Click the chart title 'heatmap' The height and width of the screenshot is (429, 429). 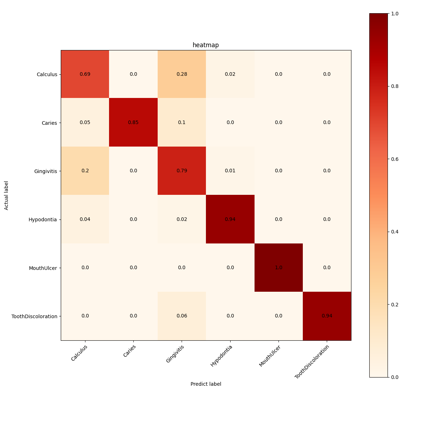coord(206,45)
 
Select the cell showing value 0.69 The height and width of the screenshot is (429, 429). coord(85,74)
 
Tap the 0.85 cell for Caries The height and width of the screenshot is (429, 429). coord(133,123)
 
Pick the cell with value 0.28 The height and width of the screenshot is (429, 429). coord(182,74)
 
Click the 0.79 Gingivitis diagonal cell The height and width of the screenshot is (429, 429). coord(182,171)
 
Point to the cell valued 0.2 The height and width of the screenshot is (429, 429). coord(85,171)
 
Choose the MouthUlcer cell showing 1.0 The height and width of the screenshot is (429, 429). coord(278,268)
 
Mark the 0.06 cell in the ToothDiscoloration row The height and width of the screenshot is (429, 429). coord(182,316)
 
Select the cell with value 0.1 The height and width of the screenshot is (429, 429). coord(182,123)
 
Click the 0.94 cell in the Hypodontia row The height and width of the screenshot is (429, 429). coord(230,219)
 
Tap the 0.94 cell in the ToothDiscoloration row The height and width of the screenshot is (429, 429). coord(327,316)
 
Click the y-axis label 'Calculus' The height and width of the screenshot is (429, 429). coord(47,74)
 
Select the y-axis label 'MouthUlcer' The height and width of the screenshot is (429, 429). coord(43,268)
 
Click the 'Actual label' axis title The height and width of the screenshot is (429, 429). coord(6,195)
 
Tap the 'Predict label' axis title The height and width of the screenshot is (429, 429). coord(206,384)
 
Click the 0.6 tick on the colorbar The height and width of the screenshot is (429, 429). coord(395,159)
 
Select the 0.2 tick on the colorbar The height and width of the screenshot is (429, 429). coord(395,305)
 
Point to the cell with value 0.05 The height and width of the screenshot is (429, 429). coord(85,123)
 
